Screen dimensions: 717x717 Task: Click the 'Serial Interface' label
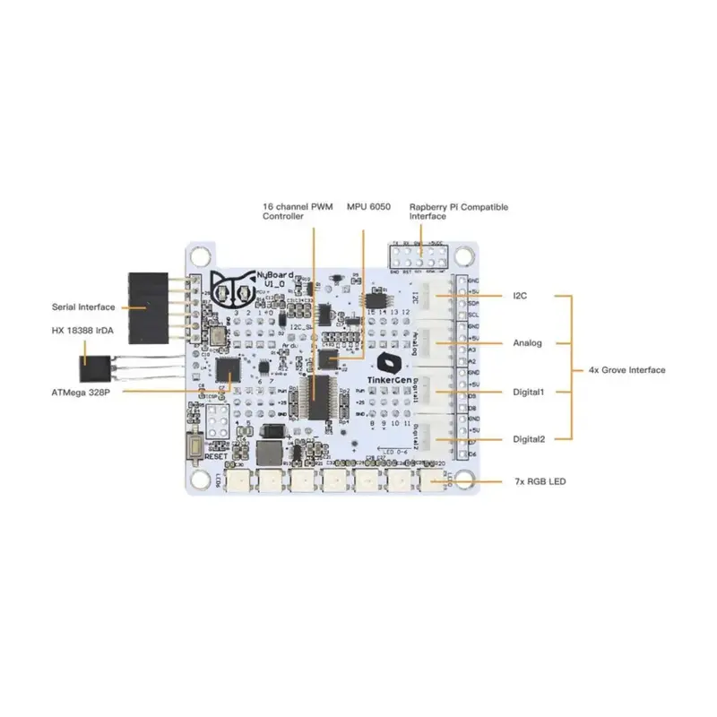(x=82, y=307)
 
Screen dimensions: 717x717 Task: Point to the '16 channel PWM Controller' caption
(x=297, y=212)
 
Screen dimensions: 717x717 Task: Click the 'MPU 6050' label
(x=367, y=207)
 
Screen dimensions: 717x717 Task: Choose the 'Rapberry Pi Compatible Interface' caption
(x=458, y=212)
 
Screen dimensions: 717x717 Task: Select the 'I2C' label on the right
(x=520, y=295)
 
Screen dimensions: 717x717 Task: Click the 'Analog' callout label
(x=527, y=342)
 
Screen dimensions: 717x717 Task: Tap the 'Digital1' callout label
(x=529, y=392)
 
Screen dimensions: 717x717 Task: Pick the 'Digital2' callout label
(x=529, y=439)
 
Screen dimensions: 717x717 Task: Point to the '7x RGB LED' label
(x=540, y=482)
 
